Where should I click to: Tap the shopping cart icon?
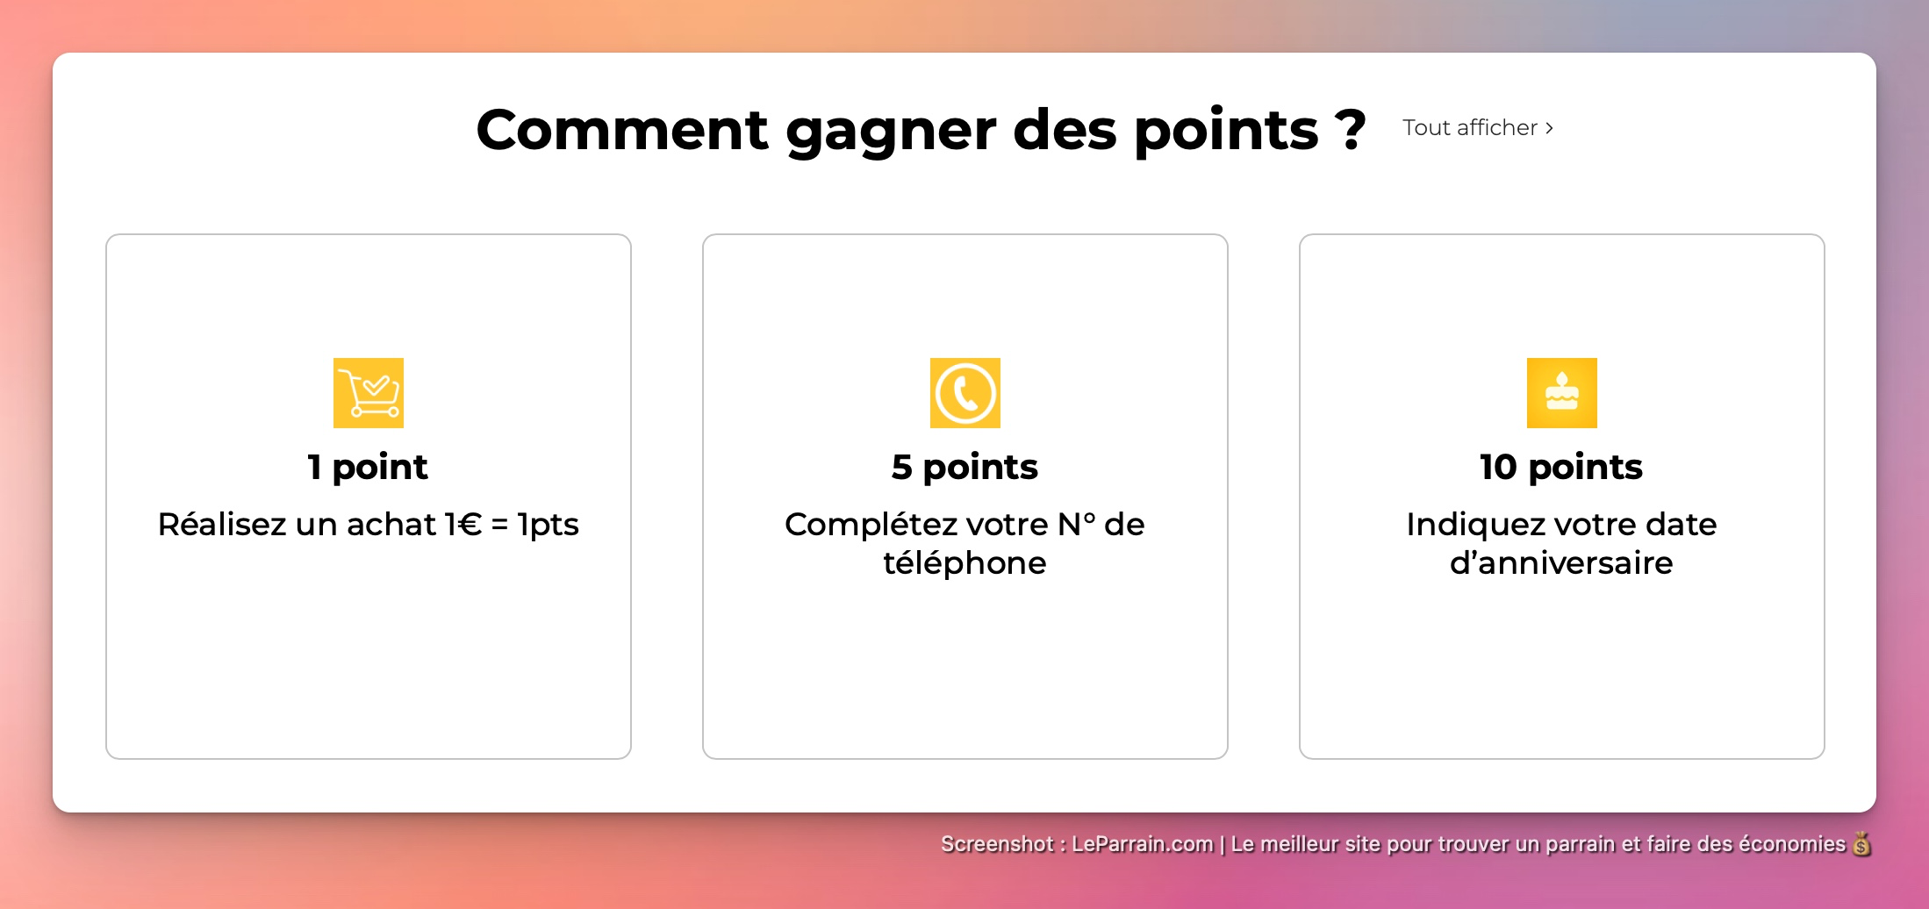coord(369,393)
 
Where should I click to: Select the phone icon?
coord(965,393)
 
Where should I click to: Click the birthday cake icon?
coord(1562,393)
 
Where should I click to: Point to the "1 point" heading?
coord(368,467)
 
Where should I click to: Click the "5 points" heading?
coord(964,467)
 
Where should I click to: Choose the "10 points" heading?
coord(1561,467)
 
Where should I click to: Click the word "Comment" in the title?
coord(622,130)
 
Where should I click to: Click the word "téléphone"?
coord(964,563)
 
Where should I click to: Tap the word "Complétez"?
coord(872,525)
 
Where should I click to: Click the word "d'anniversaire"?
coord(1561,563)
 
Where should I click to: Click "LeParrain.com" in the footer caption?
coord(1142,844)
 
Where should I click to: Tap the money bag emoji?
coord(1861,844)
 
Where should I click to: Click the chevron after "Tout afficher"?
coord(1550,128)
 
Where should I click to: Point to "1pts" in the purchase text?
coord(549,525)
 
